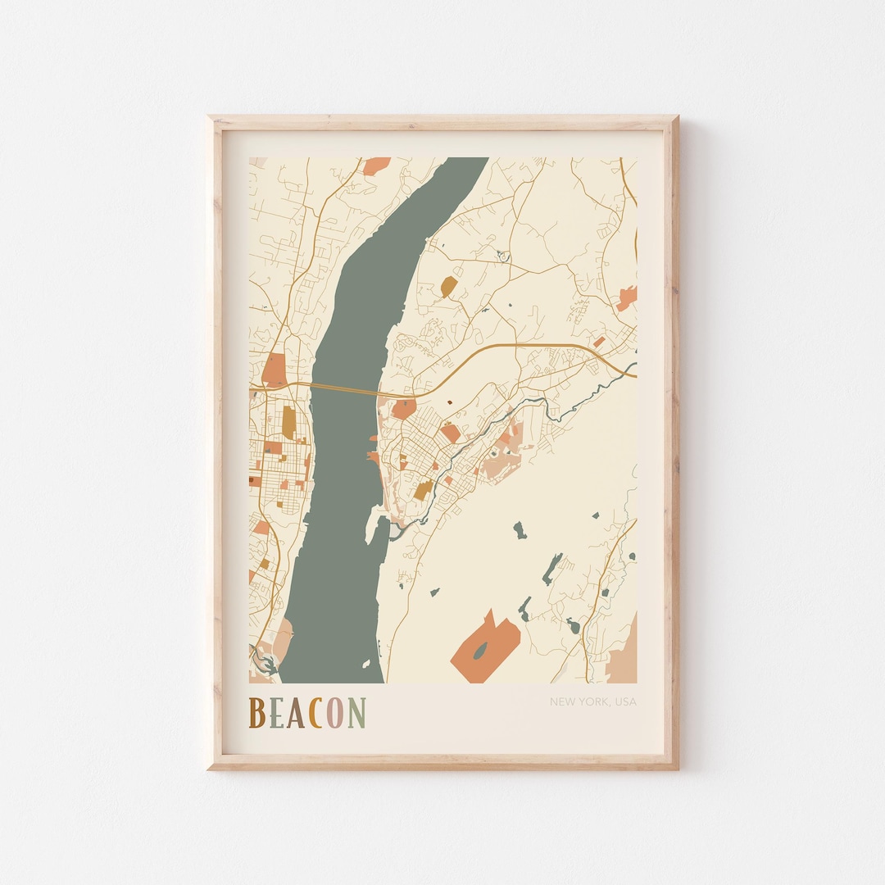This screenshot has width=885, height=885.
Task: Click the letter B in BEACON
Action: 256,713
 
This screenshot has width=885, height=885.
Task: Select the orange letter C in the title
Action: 317,713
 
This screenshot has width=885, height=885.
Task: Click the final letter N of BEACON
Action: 356,713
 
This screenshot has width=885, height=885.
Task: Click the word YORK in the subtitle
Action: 591,701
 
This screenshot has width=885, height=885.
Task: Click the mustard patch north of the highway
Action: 448,286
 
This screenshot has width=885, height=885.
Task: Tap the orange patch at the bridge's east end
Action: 402,408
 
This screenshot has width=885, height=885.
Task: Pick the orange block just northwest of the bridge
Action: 275,370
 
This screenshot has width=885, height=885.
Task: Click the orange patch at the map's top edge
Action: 376,166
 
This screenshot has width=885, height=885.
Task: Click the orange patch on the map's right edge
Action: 627,298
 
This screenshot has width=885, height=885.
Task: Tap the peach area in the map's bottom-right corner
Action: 624,656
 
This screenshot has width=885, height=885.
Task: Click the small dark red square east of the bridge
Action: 448,403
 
